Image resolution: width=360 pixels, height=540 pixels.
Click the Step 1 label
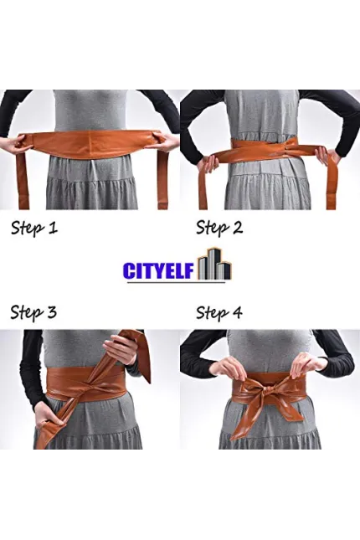point(34,228)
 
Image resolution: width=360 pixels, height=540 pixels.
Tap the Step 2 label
point(219,228)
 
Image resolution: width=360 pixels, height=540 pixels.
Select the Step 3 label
point(33,313)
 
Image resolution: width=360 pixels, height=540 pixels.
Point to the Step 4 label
point(219,313)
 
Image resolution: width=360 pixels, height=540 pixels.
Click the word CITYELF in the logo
point(159,270)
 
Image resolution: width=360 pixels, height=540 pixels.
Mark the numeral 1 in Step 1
point(53,228)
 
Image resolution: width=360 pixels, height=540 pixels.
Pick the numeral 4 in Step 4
point(238,313)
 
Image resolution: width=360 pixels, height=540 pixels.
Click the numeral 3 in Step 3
point(51,313)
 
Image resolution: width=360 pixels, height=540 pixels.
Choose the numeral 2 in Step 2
point(238,228)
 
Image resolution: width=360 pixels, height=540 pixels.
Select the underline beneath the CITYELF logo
point(176,283)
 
